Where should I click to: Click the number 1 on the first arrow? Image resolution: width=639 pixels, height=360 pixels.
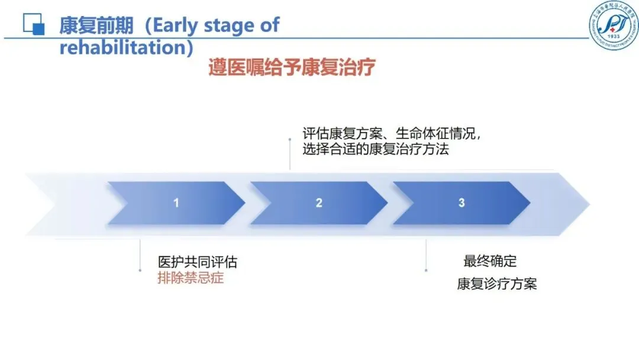coord(176,203)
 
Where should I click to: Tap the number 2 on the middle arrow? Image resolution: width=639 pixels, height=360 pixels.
coord(319,203)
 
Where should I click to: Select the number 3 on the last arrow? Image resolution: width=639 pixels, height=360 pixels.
coord(461,202)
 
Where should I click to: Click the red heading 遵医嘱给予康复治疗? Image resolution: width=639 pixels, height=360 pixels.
coord(292,67)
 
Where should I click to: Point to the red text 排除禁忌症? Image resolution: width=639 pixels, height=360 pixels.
coord(191,278)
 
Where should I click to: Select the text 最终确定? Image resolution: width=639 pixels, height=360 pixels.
coord(490,261)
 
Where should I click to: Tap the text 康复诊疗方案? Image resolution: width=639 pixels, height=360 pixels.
coord(497,284)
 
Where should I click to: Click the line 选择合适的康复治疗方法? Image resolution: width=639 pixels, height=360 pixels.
coord(376,149)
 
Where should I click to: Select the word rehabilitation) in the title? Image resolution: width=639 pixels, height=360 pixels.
coord(127,47)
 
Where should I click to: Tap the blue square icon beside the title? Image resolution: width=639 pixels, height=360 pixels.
coord(34,23)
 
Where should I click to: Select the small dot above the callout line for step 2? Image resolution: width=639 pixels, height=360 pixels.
coord(289,139)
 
